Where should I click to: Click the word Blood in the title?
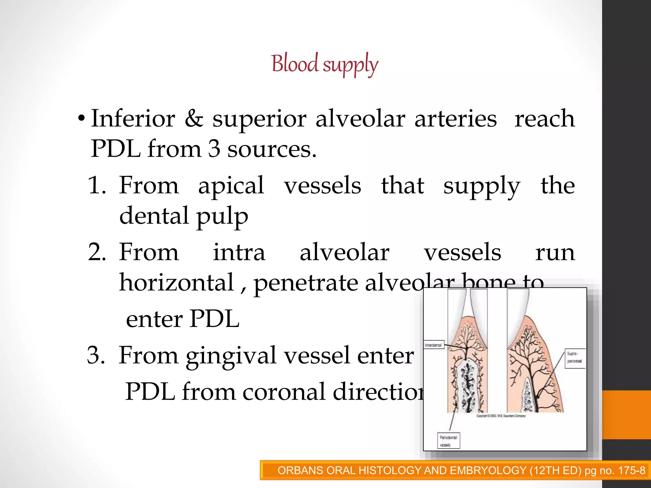click(x=295, y=64)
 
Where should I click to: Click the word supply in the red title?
click(x=351, y=65)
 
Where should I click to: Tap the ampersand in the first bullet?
click(x=194, y=118)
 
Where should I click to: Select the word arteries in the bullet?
click(x=455, y=118)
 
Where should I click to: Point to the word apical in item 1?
click(x=231, y=186)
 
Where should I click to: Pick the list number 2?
click(x=96, y=252)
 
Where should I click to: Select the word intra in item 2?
click(x=239, y=252)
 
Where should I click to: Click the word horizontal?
click(x=176, y=282)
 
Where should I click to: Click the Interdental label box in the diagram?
click(x=434, y=345)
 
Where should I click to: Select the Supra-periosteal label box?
click(x=575, y=358)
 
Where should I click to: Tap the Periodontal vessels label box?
click(x=448, y=441)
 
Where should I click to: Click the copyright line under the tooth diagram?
click(x=501, y=416)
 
